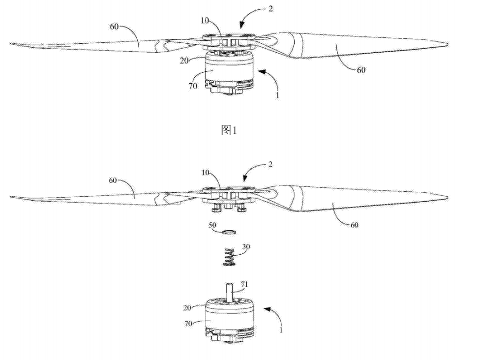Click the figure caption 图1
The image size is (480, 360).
click(229, 131)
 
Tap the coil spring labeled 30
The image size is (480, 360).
click(229, 257)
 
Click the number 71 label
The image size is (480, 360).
click(244, 284)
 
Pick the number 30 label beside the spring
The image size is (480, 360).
click(246, 246)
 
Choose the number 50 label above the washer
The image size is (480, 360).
click(212, 225)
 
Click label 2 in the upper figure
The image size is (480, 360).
click(270, 8)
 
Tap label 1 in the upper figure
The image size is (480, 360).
click(277, 95)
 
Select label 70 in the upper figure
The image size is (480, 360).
click(193, 86)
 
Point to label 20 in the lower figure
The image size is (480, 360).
click(187, 308)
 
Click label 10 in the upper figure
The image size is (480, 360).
click(205, 21)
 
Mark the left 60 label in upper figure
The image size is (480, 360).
click(114, 27)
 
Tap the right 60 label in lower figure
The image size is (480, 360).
click(354, 225)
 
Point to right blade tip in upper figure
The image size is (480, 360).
click(448, 44)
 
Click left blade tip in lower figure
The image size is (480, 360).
click(11, 197)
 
